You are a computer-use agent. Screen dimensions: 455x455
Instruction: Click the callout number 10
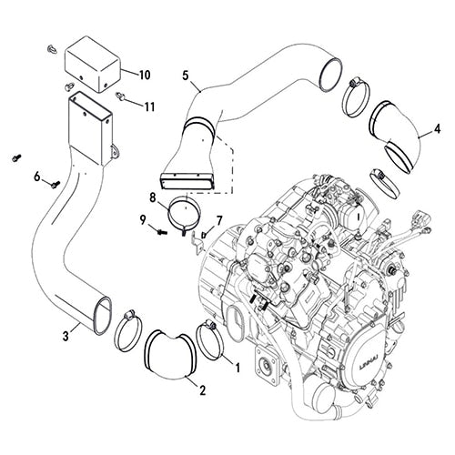(x=146, y=71)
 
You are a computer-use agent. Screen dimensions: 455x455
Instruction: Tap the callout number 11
(x=149, y=106)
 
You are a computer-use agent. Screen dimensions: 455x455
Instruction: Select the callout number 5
(x=186, y=76)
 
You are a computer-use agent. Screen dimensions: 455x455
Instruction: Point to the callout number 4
(x=437, y=128)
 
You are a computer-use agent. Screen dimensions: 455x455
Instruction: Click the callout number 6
(x=37, y=176)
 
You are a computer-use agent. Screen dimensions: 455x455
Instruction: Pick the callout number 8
(x=153, y=197)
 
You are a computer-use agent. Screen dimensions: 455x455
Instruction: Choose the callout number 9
(x=144, y=219)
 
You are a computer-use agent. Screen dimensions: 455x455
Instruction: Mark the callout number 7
(x=218, y=220)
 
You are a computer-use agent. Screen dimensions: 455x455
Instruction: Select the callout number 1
(x=238, y=368)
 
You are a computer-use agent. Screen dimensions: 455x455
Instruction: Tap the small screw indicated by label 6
(x=55, y=183)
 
